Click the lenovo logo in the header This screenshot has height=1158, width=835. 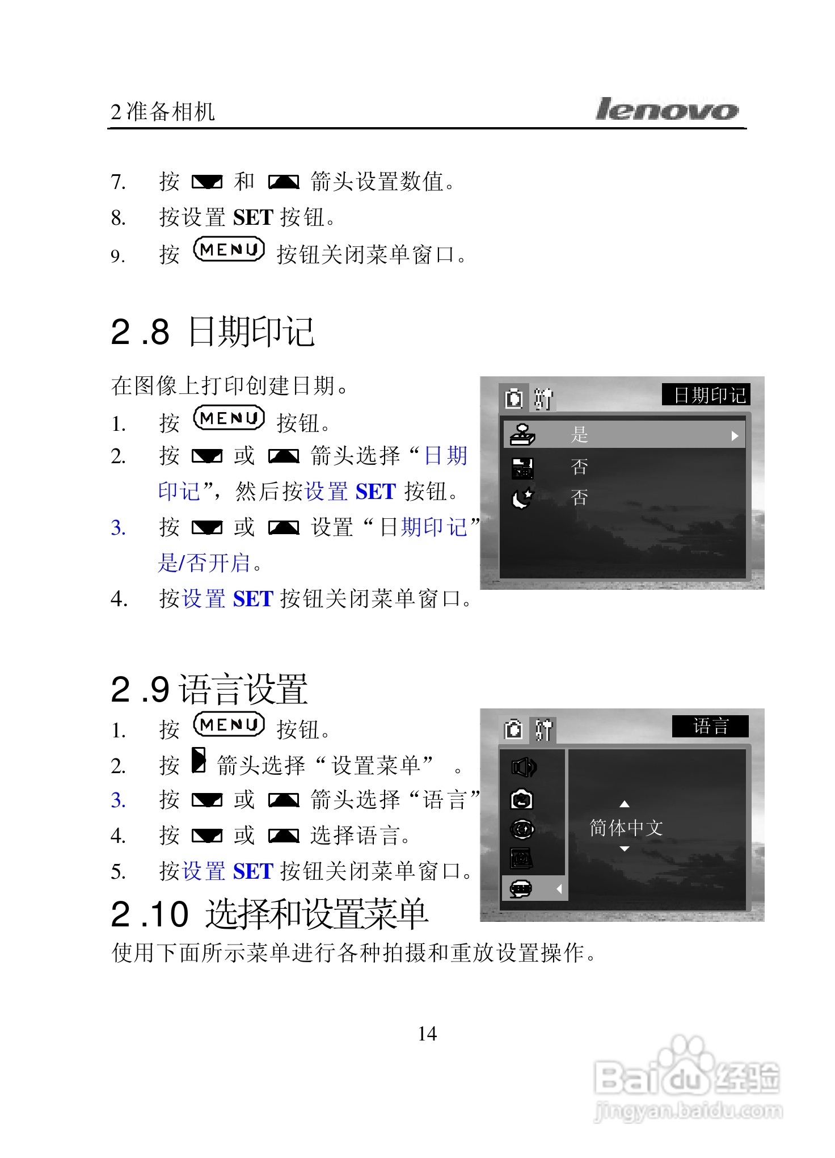pyautogui.click(x=667, y=109)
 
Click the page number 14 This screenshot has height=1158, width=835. pyautogui.click(x=427, y=1034)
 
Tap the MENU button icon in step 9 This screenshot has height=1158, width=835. pyautogui.click(x=229, y=250)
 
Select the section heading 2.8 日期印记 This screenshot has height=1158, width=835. pyautogui.click(x=212, y=332)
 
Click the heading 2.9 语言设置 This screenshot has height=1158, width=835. pyautogui.click(x=209, y=690)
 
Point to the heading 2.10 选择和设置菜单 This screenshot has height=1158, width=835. pyautogui.click(x=269, y=914)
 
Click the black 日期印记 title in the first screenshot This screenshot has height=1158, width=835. pyautogui.click(x=706, y=395)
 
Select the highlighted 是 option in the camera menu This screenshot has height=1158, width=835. pyautogui.click(x=579, y=435)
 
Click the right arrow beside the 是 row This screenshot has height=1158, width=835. pyautogui.click(x=735, y=436)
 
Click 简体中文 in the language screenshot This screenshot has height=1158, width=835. pyautogui.click(x=626, y=828)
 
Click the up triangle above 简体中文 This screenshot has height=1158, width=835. pyautogui.click(x=625, y=804)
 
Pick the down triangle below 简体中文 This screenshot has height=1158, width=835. pyautogui.click(x=625, y=849)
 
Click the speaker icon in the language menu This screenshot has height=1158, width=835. pyautogui.click(x=522, y=767)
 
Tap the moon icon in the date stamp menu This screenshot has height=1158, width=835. pyautogui.click(x=522, y=498)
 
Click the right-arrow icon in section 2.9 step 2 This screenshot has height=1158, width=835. pyautogui.click(x=199, y=761)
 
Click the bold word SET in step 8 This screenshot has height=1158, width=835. pyautogui.click(x=253, y=218)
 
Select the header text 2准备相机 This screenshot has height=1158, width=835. pyautogui.click(x=163, y=112)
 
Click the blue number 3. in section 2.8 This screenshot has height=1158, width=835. pyautogui.click(x=118, y=528)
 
